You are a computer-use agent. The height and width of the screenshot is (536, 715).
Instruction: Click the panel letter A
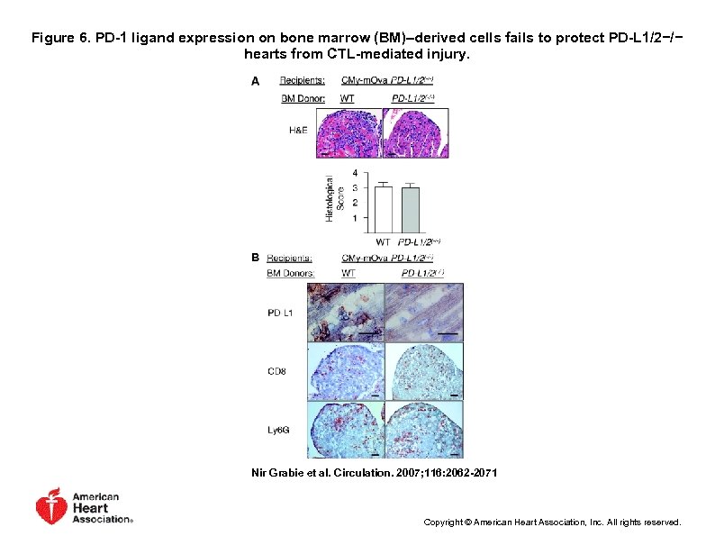[255, 81]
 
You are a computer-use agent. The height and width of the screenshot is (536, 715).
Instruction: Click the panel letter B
[255, 258]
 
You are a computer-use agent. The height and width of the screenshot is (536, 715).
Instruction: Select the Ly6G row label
[279, 430]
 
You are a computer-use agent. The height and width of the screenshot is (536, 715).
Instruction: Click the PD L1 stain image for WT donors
[345, 312]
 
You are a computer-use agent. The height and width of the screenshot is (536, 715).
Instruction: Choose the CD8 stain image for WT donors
[345, 370]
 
